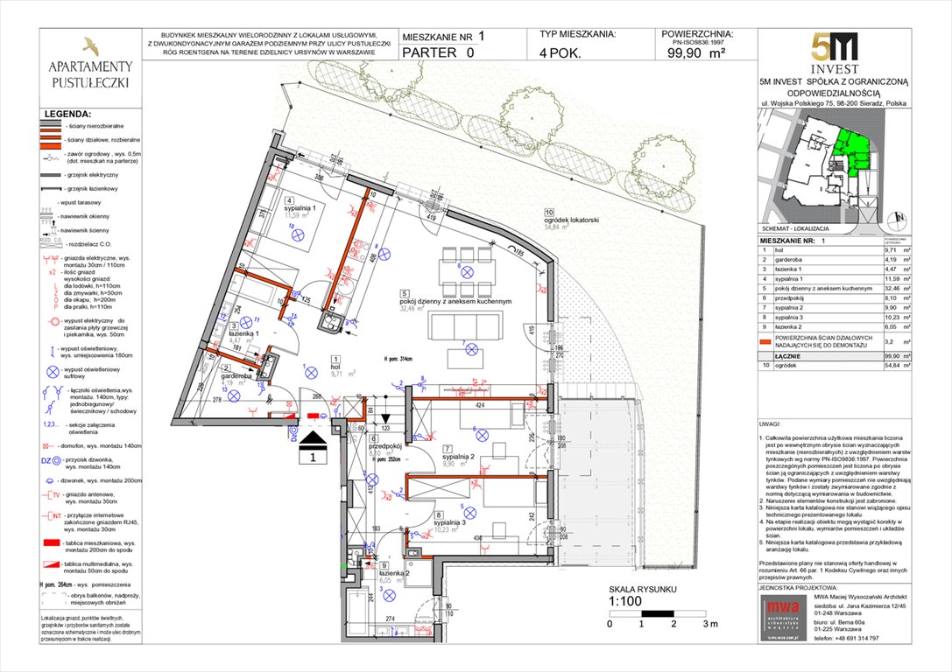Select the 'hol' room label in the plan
(336, 367)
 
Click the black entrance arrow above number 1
(316, 438)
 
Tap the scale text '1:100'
(627, 602)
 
